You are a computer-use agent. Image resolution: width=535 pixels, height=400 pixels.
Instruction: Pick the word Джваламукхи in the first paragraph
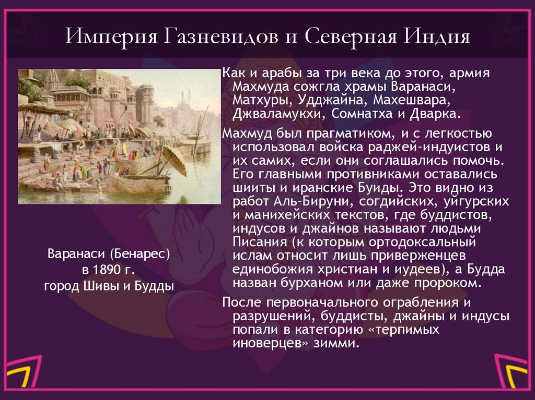coord(273,114)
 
